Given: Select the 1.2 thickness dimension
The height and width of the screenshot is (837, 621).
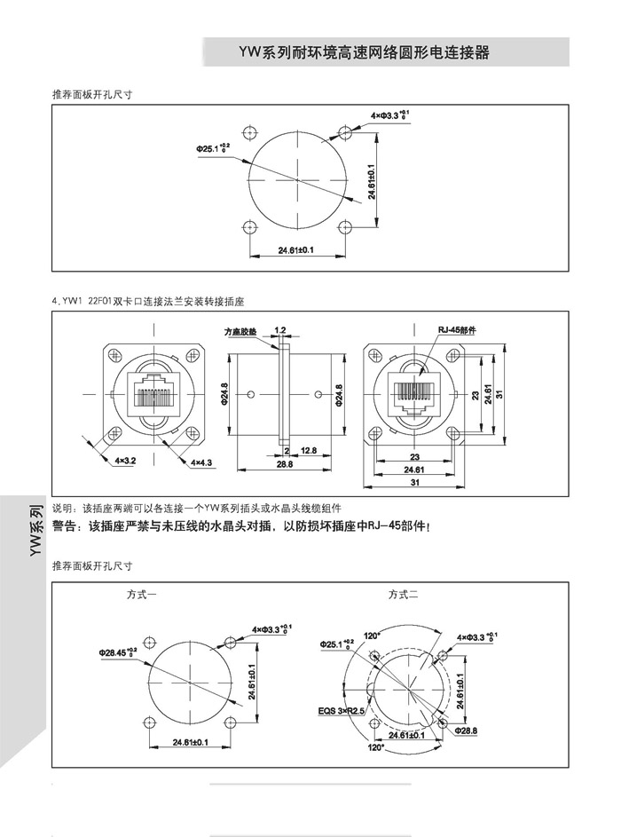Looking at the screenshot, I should pyautogui.click(x=280, y=330).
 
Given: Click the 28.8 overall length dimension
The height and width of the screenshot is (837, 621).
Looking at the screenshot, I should pyautogui.click(x=285, y=464).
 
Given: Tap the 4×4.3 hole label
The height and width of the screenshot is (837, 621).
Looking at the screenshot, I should pyautogui.click(x=201, y=462).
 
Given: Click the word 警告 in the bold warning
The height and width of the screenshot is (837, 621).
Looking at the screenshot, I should pyautogui.click(x=66, y=526).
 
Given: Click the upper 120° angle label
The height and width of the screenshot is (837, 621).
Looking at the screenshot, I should pyautogui.click(x=371, y=636).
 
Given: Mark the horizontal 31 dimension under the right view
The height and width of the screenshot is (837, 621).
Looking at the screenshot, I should pyautogui.click(x=415, y=482).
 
